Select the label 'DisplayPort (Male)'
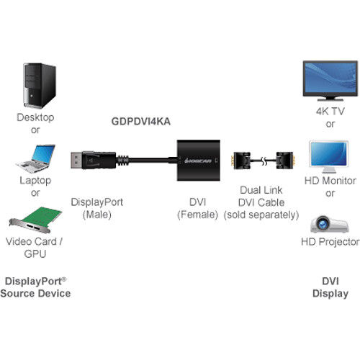[x=97, y=209]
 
